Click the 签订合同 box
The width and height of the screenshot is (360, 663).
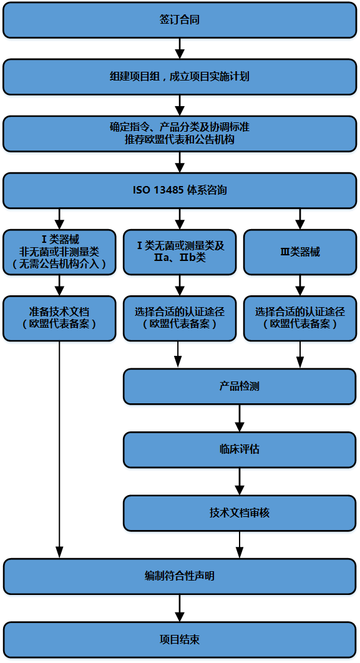pyautogui.click(x=180, y=21)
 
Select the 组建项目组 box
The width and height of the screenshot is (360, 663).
pyautogui.click(x=180, y=77)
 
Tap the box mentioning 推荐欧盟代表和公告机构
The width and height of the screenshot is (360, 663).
pyautogui.click(x=180, y=133)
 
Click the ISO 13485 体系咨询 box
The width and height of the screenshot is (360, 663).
pyautogui.click(x=180, y=190)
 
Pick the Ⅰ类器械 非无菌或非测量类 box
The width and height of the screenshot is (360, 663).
pyautogui.click(x=59, y=252)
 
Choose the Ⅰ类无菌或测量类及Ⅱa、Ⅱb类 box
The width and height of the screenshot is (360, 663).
pyautogui.click(x=180, y=252)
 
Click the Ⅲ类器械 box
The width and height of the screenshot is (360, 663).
pyautogui.click(x=300, y=252)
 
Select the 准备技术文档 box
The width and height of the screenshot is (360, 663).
pyautogui.click(x=59, y=318)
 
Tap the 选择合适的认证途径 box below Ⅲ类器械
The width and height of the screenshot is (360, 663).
pyautogui.click(x=300, y=318)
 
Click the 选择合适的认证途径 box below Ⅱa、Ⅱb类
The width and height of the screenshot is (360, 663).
pyautogui.click(x=180, y=318)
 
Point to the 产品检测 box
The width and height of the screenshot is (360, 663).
pyautogui.click(x=240, y=386)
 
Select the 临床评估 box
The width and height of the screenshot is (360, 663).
pyautogui.click(x=240, y=449)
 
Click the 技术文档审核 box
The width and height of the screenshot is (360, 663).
pyautogui.click(x=240, y=513)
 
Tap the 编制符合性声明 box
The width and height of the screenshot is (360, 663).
pyautogui.click(x=180, y=576)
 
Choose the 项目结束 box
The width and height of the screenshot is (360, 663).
pyautogui.click(x=180, y=639)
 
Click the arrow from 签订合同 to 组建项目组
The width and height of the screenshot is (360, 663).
pyautogui.click(x=180, y=49)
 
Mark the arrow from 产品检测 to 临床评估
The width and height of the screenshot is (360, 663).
pyautogui.click(x=240, y=418)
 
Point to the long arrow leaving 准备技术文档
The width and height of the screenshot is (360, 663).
pyautogui.click(x=59, y=449)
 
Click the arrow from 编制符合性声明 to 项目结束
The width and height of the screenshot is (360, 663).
pyautogui.click(x=180, y=608)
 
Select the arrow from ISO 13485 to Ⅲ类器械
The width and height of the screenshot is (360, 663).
pyautogui.click(x=300, y=219)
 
